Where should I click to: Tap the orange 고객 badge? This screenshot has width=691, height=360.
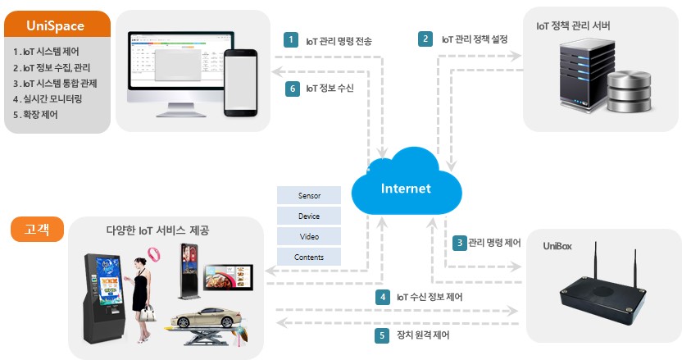tap(38, 229)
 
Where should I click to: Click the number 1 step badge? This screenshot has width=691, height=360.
tap(290, 39)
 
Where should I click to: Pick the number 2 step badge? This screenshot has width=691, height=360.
tap(425, 39)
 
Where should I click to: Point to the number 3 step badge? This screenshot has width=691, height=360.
tap(459, 243)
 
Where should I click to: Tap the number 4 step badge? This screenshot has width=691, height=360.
tap(382, 297)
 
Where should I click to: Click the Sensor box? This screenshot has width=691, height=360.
tap(309, 197)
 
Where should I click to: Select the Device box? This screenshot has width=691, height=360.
tap(309, 217)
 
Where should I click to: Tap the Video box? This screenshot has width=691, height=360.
tap(309, 237)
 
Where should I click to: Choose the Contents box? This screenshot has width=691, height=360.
tap(309, 257)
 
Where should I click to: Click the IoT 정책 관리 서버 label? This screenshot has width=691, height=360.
tap(573, 25)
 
